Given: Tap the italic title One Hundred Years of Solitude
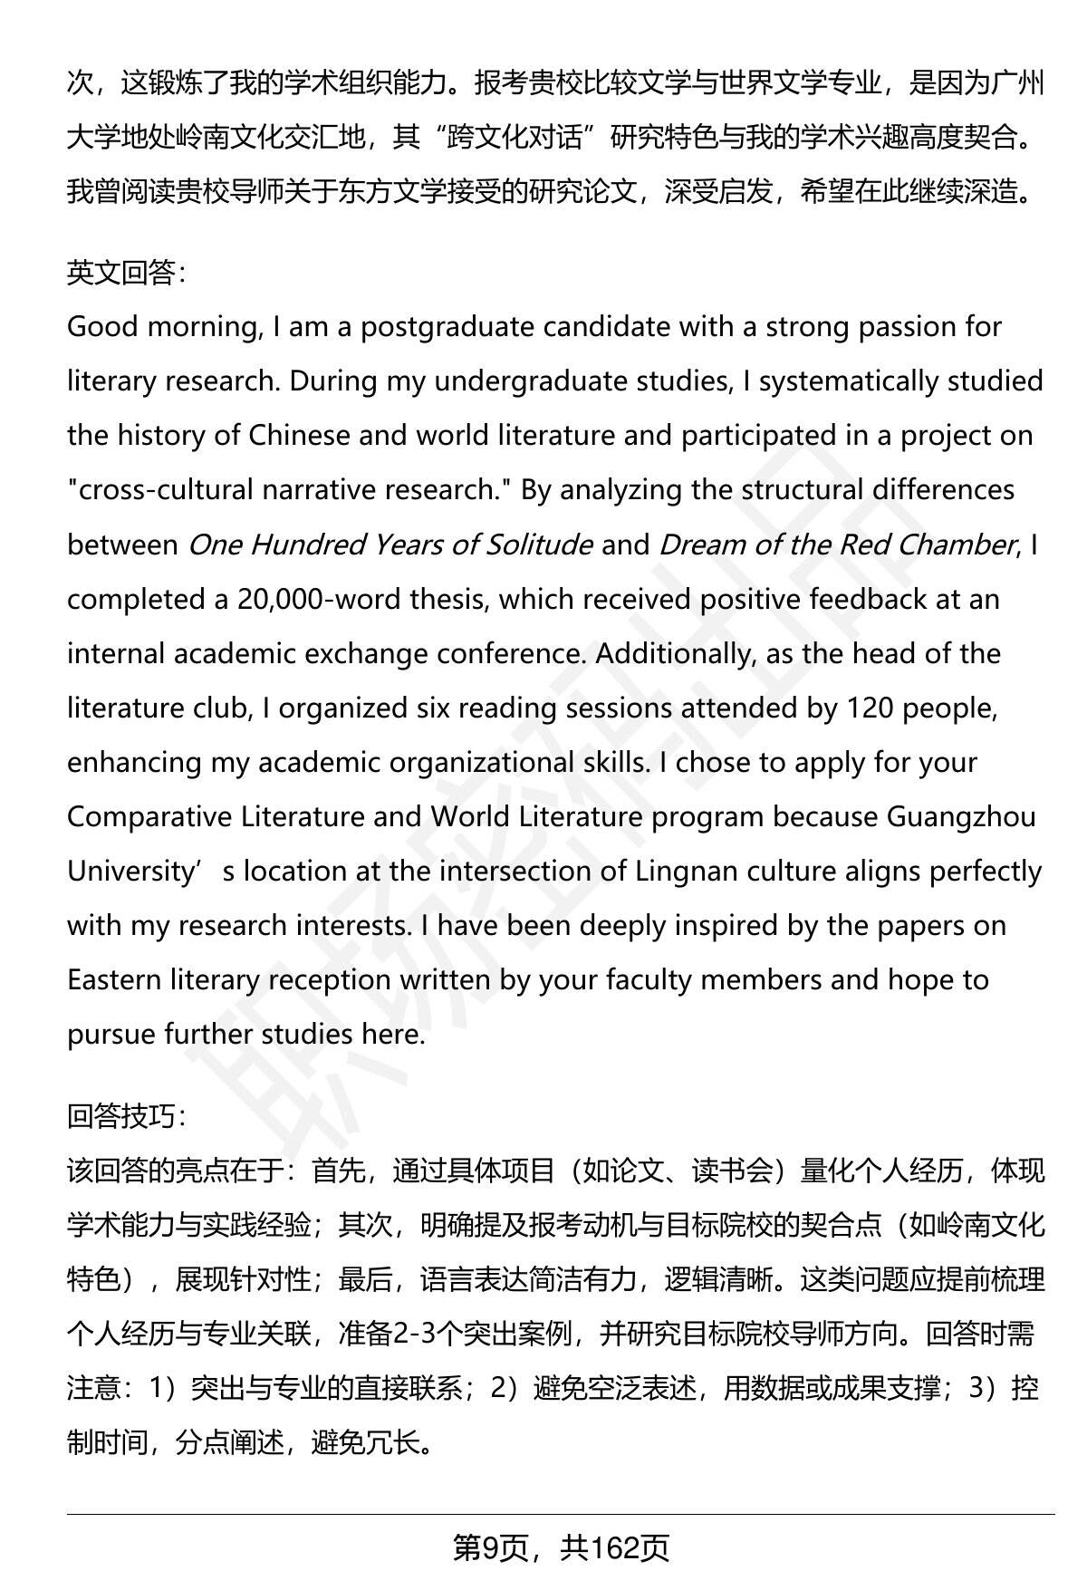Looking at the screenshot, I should click(390, 544).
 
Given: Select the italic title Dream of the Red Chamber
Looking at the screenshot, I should click(837, 544).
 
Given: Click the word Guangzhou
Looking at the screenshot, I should click(960, 816).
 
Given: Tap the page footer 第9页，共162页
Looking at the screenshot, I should click(561, 1548).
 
